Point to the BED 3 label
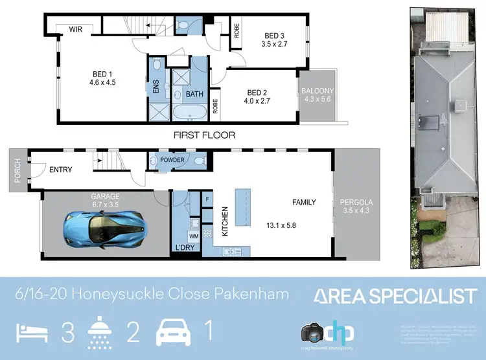[x=274, y=36]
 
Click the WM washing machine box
[x=193, y=236]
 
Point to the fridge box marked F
[x=208, y=199]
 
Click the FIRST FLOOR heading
[x=204, y=135]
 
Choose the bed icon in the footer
[x=29, y=333]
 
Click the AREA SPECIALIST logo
[x=395, y=297]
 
